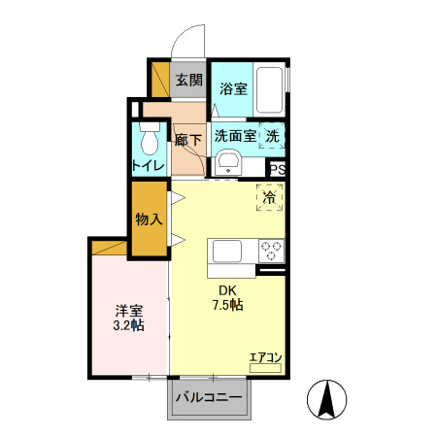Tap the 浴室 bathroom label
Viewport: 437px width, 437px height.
click(x=232, y=88)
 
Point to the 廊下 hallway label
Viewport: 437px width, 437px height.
click(x=187, y=140)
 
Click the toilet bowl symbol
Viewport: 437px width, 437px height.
click(x=149, y=141)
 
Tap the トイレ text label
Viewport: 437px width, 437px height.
click(x=149, y=166)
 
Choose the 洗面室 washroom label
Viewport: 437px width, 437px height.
click(x=235, y=137)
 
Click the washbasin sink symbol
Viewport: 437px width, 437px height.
click(x=230, y=161)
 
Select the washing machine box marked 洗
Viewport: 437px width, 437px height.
click(x=272, y=137)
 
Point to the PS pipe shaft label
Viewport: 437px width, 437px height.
click(x=278, y=168)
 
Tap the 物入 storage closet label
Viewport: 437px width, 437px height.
click(x=149, y=219)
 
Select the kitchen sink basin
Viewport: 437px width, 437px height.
click(x=231, y=251)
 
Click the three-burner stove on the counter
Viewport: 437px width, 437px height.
click(x=270, y=251)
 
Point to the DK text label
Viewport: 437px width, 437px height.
click(x=227, y=289)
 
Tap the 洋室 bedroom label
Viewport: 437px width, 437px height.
click(x=129, y=311)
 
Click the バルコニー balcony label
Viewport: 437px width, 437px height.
click(x=209, y=396)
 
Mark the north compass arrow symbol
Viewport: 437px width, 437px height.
click(x=327, y=398)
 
